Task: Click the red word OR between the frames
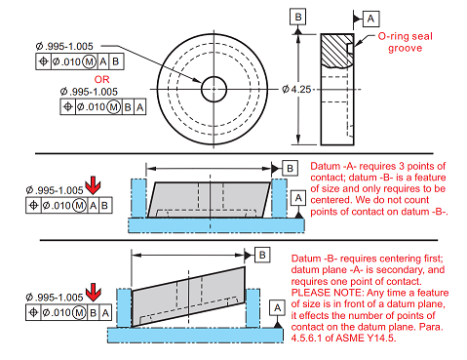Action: (101, 79)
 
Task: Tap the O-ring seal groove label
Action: (406, 42)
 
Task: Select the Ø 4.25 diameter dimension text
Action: (296, 89)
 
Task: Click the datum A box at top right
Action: (370, 19)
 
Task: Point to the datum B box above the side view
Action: (298, 17)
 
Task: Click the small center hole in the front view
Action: (214, 89)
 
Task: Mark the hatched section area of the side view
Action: (337, 51)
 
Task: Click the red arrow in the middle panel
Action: (93, 185)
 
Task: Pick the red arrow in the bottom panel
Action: (94, 293)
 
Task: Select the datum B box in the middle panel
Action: (290, 168)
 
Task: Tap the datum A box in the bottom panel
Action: (277, 307)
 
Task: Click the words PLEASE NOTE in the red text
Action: (327, 293)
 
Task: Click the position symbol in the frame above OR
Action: (43, 61)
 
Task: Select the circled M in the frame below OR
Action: (114, 106)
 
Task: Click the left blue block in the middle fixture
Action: (138, 198)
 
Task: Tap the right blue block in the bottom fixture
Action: (253, 308)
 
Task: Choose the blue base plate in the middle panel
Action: (216, 225)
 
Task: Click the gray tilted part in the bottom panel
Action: (188, 297)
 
